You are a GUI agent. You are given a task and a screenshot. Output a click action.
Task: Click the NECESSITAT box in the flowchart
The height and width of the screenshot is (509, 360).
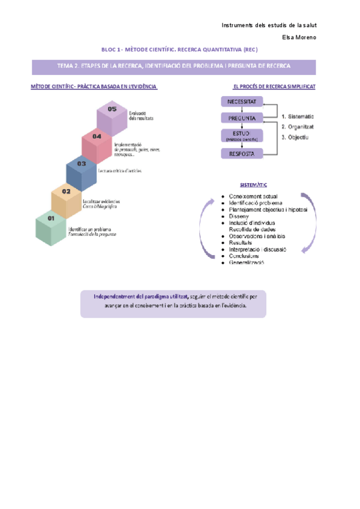click(x=242, y=101)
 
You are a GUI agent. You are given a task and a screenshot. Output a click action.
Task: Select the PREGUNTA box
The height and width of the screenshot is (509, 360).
click(x=242, y=118)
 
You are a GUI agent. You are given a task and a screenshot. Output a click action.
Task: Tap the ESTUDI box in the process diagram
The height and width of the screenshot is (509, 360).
click(x=242, y=136)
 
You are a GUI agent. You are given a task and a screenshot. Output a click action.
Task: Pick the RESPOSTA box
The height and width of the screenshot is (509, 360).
click(x=242, y=154)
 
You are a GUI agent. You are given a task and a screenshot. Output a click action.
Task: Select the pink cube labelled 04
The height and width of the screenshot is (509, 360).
click(x=97, y=145)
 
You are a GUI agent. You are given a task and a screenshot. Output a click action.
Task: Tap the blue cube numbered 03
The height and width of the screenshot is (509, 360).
click(x=81, y=172)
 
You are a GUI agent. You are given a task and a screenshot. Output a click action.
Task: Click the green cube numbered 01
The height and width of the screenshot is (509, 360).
click(x=50, y=228)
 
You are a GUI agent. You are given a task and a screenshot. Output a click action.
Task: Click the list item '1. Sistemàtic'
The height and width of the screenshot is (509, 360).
click(x=298, y=116)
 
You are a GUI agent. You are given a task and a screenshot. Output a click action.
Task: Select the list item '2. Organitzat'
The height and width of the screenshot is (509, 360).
click(x=298, y=127)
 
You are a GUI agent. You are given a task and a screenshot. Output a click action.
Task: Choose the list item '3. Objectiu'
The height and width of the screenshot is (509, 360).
click(x=295, y=137)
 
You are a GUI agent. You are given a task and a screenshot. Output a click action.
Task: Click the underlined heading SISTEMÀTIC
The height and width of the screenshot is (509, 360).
click(x=253, y=185)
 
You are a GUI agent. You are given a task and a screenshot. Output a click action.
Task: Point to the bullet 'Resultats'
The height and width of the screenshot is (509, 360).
click(x=242, y=242)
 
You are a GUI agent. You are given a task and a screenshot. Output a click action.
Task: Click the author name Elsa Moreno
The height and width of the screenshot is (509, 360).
click(x=299, y=37)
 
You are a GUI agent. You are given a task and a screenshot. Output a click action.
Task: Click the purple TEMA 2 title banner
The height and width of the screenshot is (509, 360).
click(x=173, y=66)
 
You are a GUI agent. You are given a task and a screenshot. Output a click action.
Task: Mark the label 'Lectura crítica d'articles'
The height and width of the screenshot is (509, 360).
click(x=128, y=171)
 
